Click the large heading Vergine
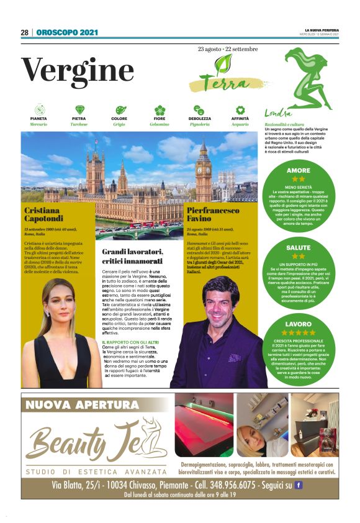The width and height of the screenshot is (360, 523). coord(78,70)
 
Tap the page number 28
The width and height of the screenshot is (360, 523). coord(25,32)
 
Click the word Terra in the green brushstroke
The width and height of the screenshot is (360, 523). coord(222,83)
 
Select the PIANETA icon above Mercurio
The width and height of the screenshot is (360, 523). coord(38,110)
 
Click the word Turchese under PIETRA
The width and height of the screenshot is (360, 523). coord(79,125)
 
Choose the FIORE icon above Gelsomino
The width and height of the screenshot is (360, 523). coord(160,110)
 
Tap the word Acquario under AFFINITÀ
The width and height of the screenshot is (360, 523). coord(240,125)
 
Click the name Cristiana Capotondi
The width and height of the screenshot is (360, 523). coord(43,214)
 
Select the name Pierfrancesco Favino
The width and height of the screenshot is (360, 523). coord(214,215)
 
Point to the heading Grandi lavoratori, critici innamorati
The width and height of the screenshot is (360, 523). coord(133,256)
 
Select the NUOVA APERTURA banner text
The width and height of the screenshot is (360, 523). coord(82,406)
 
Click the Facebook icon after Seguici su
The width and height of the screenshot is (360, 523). coord(298,484)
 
